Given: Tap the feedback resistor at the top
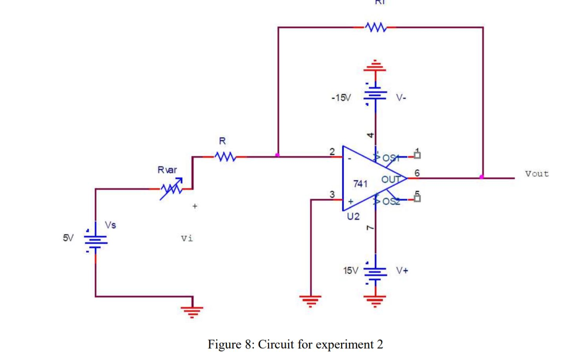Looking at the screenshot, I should tap(375, 27).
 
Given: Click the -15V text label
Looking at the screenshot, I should tap(340, 98).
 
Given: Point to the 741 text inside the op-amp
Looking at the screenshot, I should tap(360, 184).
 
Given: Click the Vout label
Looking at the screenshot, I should tap(537, 173).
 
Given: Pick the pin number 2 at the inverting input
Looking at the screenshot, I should tap(332, 151).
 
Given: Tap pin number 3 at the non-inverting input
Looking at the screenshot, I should tap(332, 195).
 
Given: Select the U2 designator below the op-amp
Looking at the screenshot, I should tap(354, 217).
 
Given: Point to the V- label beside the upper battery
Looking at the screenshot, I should tap(401, 98).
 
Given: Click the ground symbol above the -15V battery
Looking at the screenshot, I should tap(375, 64).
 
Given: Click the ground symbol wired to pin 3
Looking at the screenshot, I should tap(311, 299).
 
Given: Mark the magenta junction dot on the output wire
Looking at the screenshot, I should tap(482, 177).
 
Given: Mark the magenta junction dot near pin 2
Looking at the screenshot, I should tap(277, 155).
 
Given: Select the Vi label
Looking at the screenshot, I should tap(186, 238).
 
